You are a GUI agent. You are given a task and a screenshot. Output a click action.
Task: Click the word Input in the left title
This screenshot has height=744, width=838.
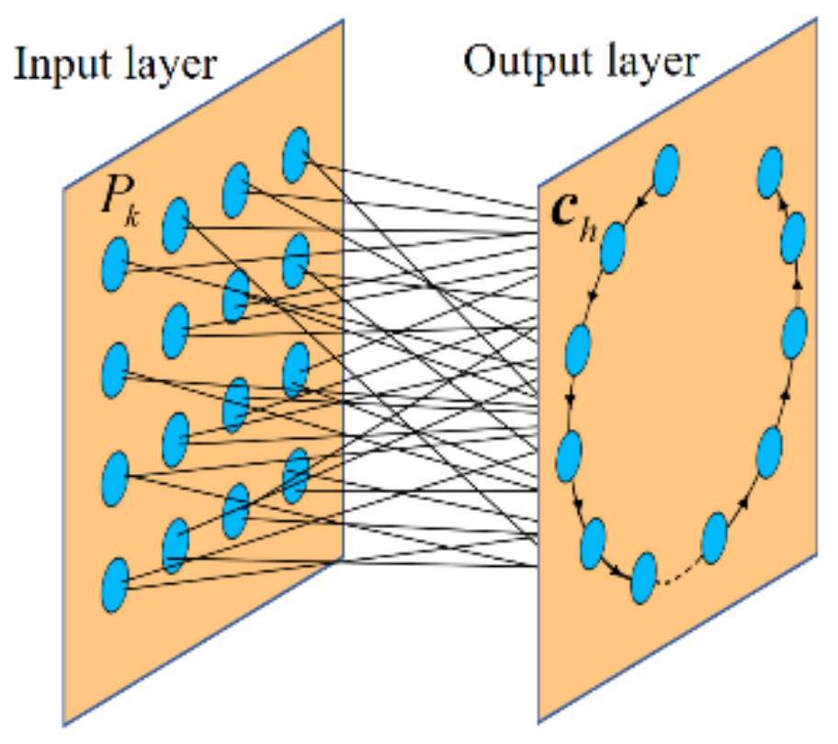pos(55,66)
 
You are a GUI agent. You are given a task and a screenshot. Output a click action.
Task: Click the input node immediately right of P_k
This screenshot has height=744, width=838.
pos(174,225)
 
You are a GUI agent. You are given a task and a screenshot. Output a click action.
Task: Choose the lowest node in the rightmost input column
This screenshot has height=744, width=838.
pos(296,475)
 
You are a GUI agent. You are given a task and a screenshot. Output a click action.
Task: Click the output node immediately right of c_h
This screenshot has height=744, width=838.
pos(613,246)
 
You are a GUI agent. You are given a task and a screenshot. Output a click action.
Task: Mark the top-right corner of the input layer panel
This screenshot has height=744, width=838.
pos(342,20)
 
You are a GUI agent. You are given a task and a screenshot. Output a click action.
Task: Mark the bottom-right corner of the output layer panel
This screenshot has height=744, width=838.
pos(816,553)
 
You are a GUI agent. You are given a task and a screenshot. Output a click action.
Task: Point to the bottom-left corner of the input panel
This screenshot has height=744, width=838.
pos(63,726)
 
